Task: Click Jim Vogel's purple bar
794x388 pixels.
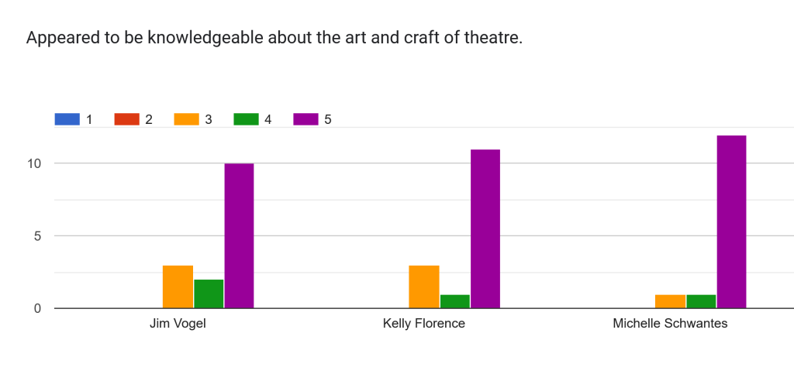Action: (x=239, y=235)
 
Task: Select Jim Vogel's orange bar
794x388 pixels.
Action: (x=178, y=287)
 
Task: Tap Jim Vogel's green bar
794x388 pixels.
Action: (x=209, y=294)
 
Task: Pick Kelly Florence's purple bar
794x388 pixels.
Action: (x=485, y=228)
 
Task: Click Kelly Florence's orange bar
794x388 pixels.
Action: (x=424, y=287)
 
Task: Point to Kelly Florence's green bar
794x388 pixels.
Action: (x=455, y=301)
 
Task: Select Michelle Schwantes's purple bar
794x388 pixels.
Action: (x=731, y=221)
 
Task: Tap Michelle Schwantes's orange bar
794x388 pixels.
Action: (x=670, y=301)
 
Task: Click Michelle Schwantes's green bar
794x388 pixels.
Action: (x=701, y=301)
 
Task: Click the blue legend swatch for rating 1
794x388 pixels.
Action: (x=67, y=119)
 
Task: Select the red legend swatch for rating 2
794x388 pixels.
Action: (x=126, y=119)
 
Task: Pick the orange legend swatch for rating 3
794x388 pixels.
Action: (x=186, y=119)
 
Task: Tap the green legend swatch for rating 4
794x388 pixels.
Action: (x=246, y=119)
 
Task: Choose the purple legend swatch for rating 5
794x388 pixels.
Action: (x=306, y=119)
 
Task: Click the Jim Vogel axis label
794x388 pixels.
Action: (x=178, y=324)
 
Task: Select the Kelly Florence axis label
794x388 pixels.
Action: (x=424, y=324)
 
